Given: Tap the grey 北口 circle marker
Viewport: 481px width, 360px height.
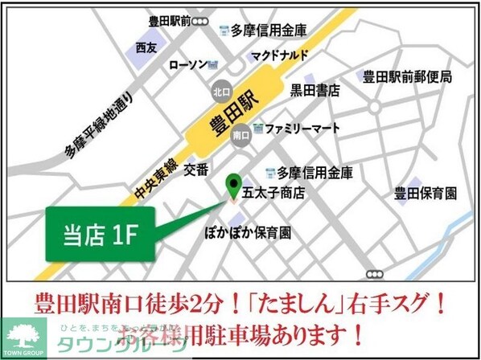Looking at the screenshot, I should click(220, 92).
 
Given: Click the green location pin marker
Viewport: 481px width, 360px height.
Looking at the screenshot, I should click(234, 186).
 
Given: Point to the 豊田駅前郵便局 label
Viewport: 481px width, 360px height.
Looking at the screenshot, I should click(406, 77).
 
